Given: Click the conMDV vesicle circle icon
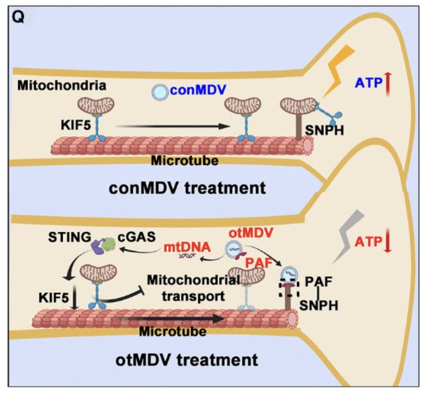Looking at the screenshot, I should click(159, 91).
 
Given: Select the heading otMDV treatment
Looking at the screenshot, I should click(187, 361).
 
